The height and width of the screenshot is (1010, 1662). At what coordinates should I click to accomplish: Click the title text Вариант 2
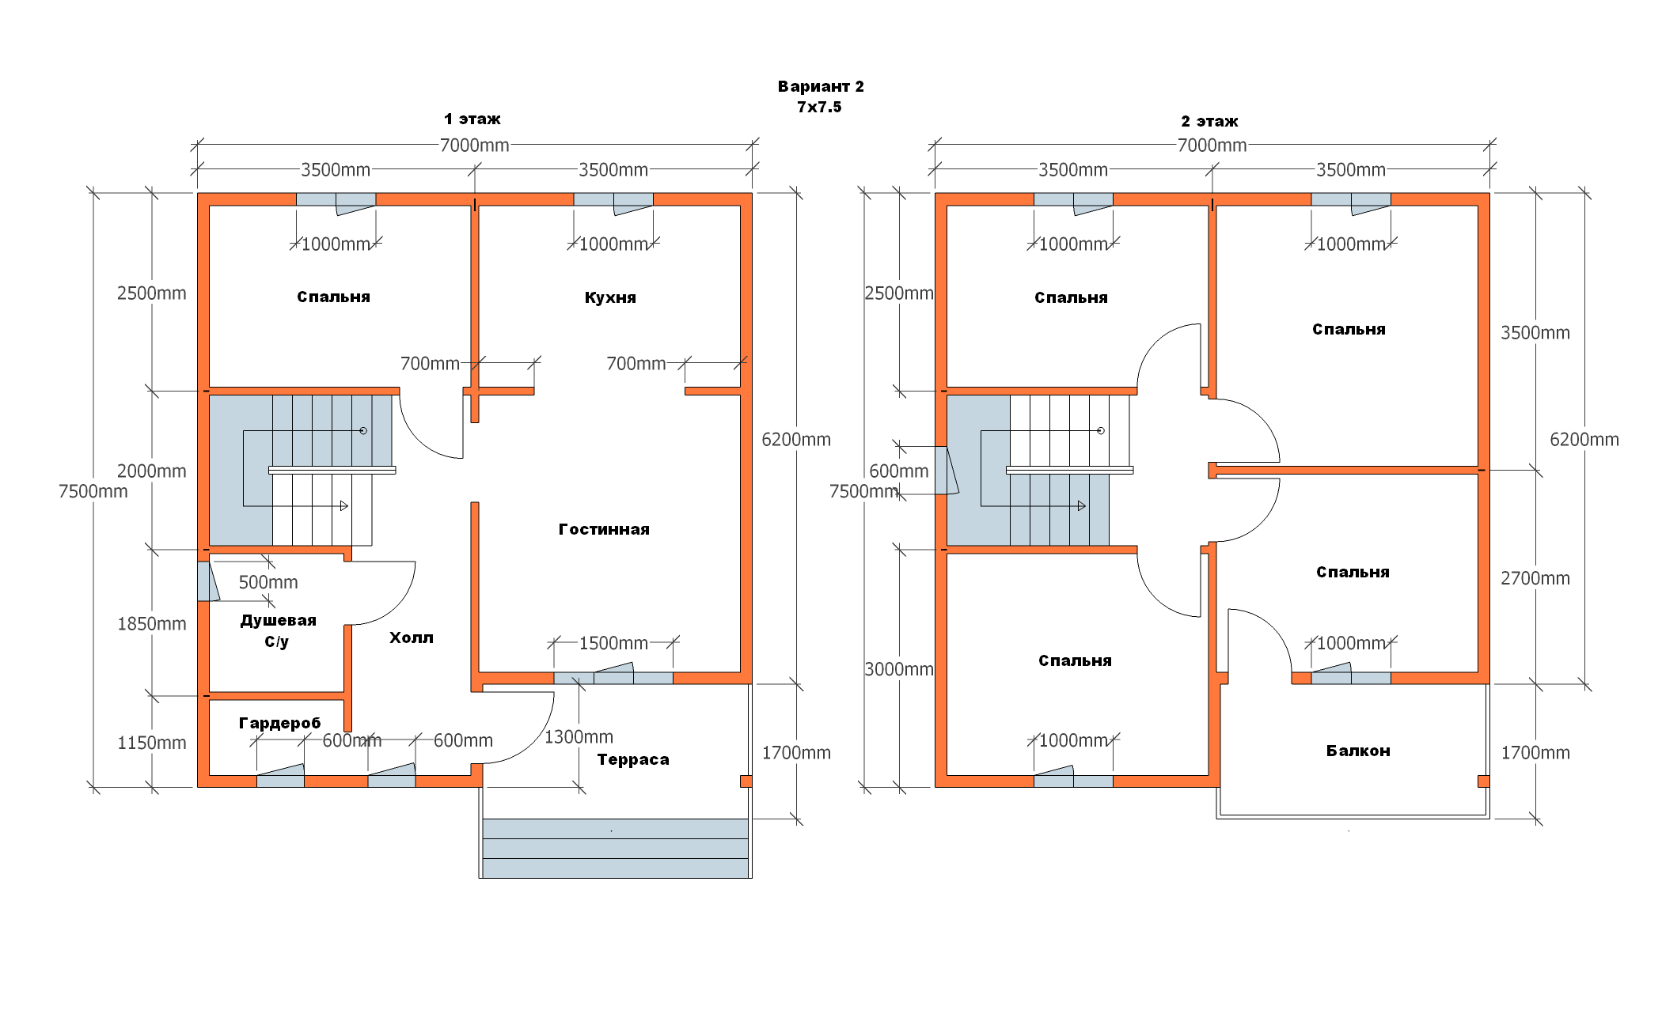pos(821,86)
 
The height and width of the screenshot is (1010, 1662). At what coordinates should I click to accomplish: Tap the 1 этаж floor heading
pos(472,119)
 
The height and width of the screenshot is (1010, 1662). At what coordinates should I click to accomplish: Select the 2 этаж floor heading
pos(1209,122)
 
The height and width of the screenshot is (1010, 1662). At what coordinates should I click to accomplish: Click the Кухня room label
pos(610,297)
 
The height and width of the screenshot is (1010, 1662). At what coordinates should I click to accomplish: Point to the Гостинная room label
pos(604,529)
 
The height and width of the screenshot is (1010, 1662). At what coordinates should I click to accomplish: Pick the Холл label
pos(411,637)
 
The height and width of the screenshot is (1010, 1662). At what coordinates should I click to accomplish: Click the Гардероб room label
pos(279,723)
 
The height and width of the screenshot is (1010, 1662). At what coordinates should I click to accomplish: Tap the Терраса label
pos(633,759)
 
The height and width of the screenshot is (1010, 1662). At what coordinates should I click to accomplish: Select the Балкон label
pos(1358,751)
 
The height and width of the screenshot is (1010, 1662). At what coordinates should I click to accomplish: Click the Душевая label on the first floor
pos(278,621)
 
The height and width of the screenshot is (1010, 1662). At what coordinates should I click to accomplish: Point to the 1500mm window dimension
pos(613,643)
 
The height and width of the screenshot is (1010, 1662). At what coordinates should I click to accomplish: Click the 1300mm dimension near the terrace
pos(579,737)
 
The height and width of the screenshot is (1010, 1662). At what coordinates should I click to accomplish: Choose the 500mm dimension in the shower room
pos(268,582)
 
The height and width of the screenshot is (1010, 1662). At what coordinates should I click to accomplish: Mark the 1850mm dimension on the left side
pos(152,623)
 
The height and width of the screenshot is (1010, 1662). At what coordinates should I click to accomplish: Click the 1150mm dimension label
pos(152,743)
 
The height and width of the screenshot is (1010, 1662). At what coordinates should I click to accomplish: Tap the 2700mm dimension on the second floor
pos(1535,578)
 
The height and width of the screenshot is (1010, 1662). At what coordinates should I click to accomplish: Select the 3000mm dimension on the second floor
pos(899,669)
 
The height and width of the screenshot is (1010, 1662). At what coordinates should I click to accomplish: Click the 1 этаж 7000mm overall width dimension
pos(474,146)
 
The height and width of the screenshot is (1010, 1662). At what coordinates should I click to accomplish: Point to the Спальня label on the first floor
pos(333,297)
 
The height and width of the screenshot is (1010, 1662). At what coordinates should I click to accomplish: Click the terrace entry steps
pos(615,848)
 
